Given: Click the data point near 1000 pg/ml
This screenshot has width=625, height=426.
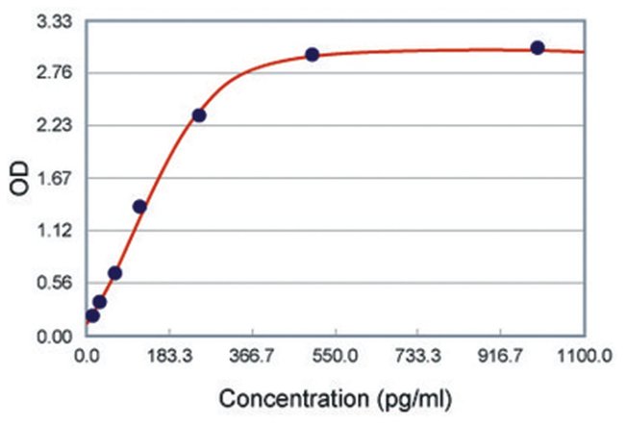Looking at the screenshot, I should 537,48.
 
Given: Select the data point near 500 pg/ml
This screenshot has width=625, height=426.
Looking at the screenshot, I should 312,55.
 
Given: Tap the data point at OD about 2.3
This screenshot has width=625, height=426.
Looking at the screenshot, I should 199,115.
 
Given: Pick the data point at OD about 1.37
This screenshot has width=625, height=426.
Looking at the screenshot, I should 139,206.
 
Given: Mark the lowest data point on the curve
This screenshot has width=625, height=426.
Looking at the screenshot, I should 92,315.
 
